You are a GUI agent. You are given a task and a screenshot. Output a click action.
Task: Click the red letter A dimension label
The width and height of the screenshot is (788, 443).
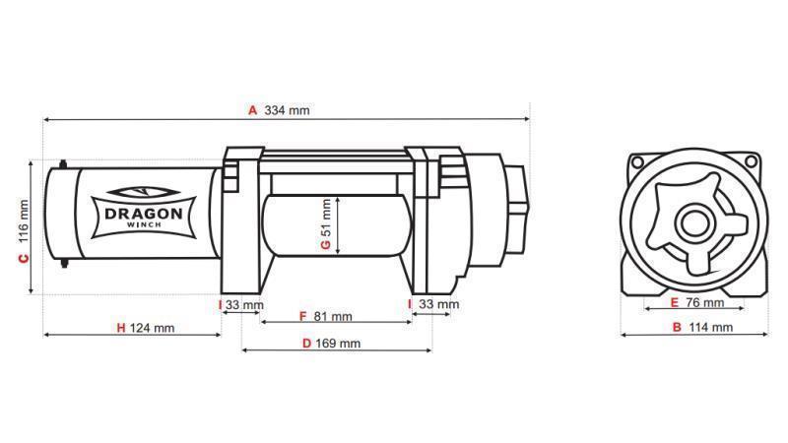point(253,110)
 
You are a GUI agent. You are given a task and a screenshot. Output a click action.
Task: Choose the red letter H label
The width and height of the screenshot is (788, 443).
point(120,328)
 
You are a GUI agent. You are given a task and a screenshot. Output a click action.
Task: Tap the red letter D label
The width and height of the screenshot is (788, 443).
point(306,344)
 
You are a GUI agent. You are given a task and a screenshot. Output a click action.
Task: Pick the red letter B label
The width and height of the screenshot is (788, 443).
point(677,327)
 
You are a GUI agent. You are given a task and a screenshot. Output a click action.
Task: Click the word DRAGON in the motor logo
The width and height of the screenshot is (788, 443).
point(137,212)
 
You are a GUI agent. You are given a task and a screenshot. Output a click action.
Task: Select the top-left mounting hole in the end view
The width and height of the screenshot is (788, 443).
point(636,160)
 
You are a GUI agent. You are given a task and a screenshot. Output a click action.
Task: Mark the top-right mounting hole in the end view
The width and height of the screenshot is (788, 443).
point(755,160)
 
